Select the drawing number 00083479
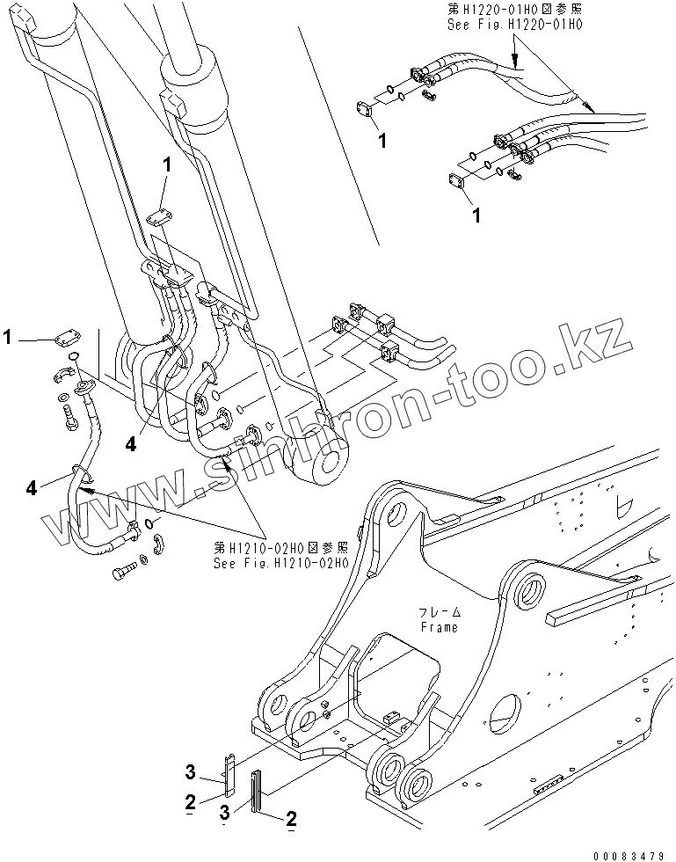633,854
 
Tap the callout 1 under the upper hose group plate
380,140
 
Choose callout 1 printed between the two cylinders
165,164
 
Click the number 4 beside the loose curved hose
33,486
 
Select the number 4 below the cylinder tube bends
131,445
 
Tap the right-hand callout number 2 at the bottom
290,821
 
